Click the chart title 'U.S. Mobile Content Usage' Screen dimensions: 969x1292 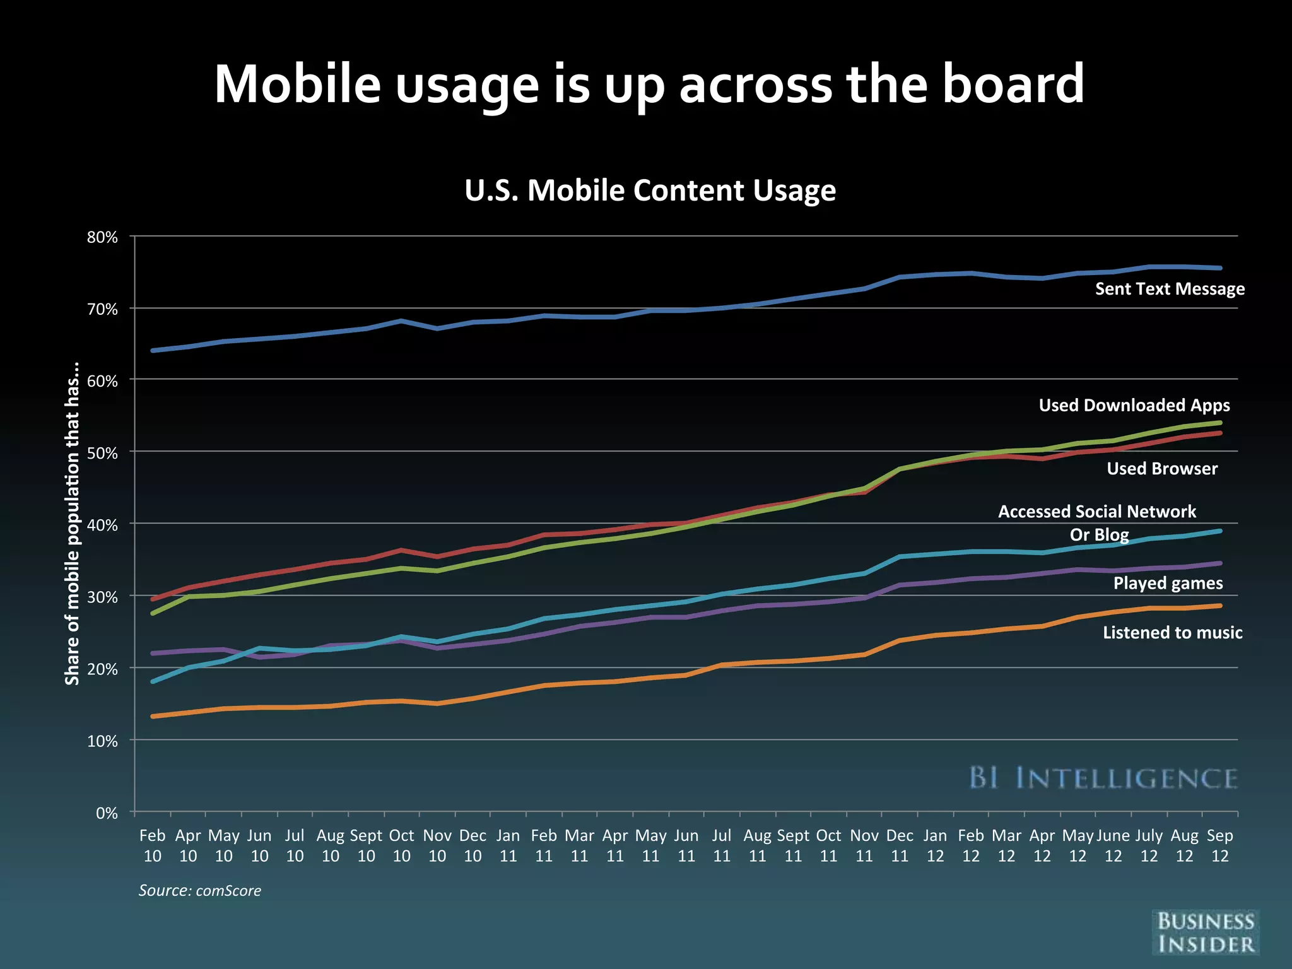pyautogui.click(x=650, y=191)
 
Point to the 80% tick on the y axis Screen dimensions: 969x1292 pyautogui.click(x=103, y=238)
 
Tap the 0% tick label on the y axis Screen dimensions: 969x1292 pyautogui.click(x=107, y=813)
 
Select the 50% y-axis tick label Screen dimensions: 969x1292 pyautogui.click(x=103, y=454)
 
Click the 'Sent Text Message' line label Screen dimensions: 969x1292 pyautogui.click(x=1170, y=289)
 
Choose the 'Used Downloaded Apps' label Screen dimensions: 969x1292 pyautogui.click(x=1134, y=405)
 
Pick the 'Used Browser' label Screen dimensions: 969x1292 pyautogui.click(x=1161, y=469)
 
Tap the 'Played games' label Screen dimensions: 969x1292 pyautogui.click(x=1168, y=583)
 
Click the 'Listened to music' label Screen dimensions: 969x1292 pyautogui.click(x=1172, y=633)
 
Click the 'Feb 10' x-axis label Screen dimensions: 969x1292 pyautogui.click(x=153, y=845)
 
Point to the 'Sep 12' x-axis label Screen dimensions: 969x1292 pyautogui.click(x=1219, y=845)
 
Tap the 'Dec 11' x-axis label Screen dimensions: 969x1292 pyautogui.click(x=900, y=845)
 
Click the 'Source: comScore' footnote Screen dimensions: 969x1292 pyautogui.click(x=199, y=891)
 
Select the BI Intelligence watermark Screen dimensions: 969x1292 pyautogui.click(x=1103, y=778)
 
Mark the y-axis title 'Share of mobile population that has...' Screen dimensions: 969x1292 pyautogui.click(x=73, y=524)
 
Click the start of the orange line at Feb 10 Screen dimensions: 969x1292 pyautogui.click(x=153, y=717)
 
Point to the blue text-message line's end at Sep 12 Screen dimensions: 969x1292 pyautogui.click(x=1220, y=268)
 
